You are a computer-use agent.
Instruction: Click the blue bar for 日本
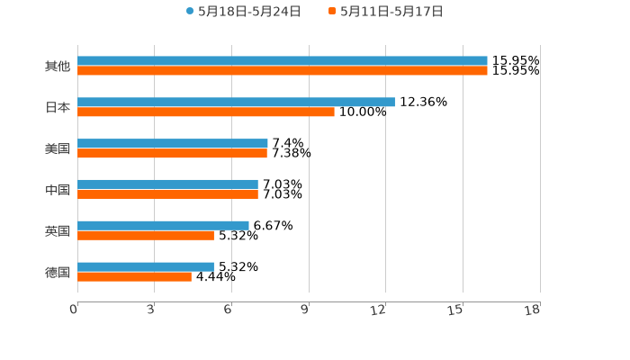point(236,102)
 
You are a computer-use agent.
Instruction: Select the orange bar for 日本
point(206,112)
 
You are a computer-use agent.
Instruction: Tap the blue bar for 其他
point(283,61)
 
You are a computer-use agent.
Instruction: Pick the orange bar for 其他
point(283,71)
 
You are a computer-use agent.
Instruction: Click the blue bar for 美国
point(173,143)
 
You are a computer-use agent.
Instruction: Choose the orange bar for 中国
point(167,194)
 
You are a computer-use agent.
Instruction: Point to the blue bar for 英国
point(163,225)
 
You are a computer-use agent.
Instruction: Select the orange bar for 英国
point(146,236)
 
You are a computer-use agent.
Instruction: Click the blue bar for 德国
point(146,266)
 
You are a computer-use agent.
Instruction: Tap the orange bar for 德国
point(134,277)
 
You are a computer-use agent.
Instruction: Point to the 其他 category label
point(58,67)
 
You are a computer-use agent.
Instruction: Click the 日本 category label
point(58,107)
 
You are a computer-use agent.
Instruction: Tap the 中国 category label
point(58,190)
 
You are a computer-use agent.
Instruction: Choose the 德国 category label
point(58,272)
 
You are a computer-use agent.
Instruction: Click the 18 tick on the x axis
point(533,310)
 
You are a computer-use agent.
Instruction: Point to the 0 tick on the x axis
point(74,310)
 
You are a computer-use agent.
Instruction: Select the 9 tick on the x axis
point(305,310)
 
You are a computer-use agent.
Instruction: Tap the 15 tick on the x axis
point(456,310)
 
